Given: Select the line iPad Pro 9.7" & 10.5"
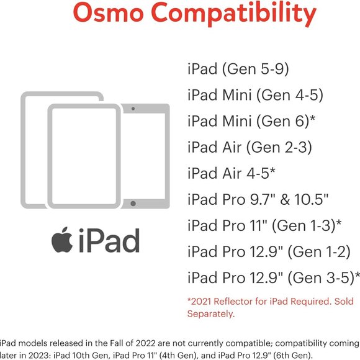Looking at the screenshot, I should coord(258,199).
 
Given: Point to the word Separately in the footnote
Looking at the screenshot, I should coord(211,314).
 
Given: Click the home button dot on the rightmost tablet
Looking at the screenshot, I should coord(133,203).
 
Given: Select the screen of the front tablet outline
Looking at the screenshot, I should coord(83,155).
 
